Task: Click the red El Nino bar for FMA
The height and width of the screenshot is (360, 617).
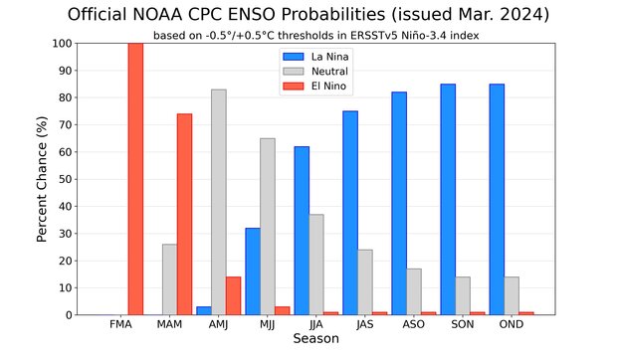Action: point(135,179)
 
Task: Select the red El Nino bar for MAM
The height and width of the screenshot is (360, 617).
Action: point(184,214)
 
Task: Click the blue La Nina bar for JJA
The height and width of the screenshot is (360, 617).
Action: point(302,231)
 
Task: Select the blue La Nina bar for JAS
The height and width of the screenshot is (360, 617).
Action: point(350,213)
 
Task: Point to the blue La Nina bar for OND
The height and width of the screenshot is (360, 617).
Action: point(497,199)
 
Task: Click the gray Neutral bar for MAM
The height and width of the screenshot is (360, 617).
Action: point(169,279)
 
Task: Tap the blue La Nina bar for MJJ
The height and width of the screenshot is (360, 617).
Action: point(253,271)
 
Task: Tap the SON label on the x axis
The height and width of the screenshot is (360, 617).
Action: point(462,325)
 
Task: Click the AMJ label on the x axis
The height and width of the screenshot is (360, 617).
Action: point(218,325)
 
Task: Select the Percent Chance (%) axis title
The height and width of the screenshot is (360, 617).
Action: point(43,179)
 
